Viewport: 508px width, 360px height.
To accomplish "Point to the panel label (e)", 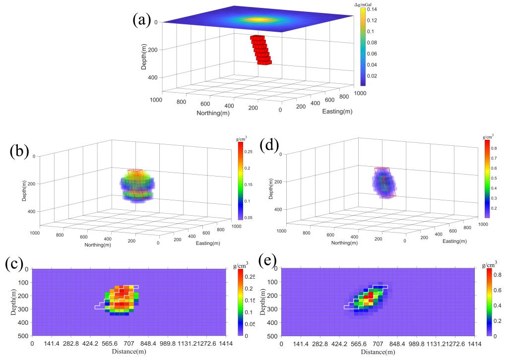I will point(271,261).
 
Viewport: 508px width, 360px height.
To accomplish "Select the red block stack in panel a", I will point(261,49).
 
